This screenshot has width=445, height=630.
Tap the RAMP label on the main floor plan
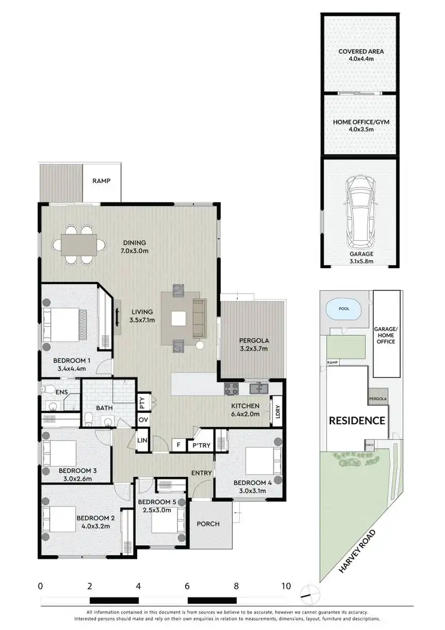[x=101, y=182]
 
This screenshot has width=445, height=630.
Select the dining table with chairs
[x=79, y=243]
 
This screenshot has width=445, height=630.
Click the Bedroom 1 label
[x=71, y=360]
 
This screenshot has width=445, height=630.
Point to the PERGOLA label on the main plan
[x=254, y=341]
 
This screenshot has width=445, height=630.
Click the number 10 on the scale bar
[x=286, y=586]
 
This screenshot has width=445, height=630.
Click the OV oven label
[x=143, y=420]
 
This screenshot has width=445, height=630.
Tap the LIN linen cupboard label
[x=142, y=441]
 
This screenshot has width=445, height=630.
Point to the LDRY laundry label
[x=276, y=411]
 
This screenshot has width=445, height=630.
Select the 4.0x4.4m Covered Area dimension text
[x=361, y=59]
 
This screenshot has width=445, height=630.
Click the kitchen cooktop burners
[x=230, y=389]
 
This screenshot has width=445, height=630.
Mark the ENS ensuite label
[x=61, y=392]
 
